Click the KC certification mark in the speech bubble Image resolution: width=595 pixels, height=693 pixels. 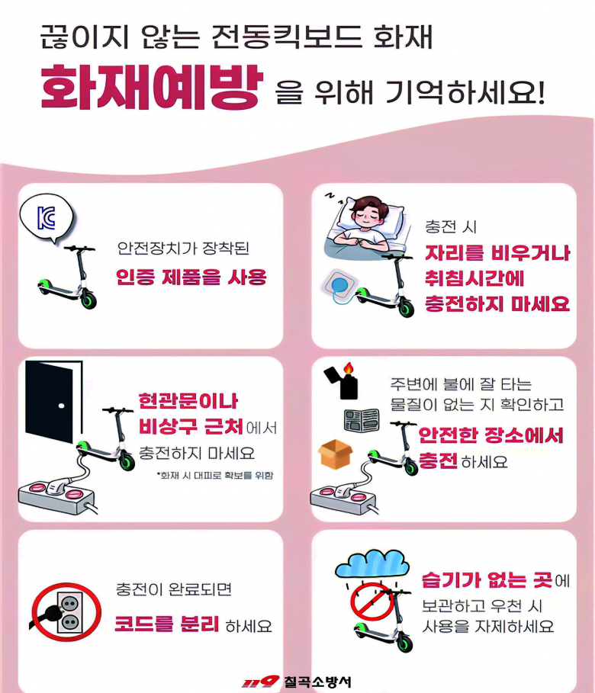[47, 217]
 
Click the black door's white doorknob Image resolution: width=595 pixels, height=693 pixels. [62, 406]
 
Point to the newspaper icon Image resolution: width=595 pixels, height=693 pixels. [362, 420]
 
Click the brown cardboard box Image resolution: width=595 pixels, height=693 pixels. [336, 454]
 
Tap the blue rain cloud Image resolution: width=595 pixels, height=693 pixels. [372, 564]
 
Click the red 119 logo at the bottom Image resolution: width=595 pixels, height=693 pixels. [260, 682]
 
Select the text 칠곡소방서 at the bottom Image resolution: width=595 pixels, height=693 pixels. [317, 682]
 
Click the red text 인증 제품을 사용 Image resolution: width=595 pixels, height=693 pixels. [191, 277]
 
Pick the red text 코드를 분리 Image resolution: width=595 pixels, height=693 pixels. [167, 624]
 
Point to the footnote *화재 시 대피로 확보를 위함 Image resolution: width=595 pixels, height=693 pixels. [215, 476]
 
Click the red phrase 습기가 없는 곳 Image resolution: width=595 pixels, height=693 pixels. [487, 580]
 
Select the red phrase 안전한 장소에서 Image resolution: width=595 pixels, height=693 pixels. [491, 435]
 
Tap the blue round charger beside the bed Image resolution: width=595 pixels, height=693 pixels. [340, 285]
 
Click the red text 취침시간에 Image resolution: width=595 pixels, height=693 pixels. [474, 278]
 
